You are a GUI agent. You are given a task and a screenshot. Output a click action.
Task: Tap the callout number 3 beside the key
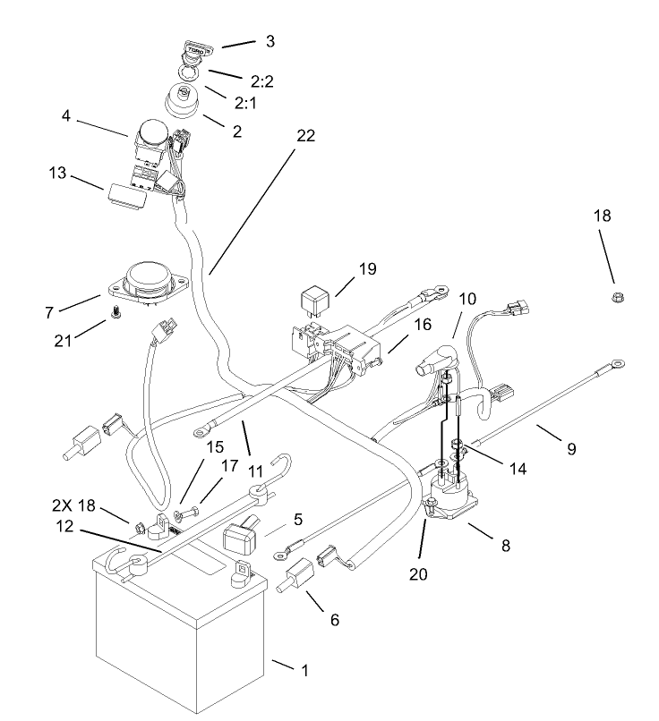point(270,41)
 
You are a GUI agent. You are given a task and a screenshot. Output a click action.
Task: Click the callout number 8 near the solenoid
point(508,543)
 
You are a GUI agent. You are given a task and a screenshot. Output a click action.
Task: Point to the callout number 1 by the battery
point(304,669)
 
